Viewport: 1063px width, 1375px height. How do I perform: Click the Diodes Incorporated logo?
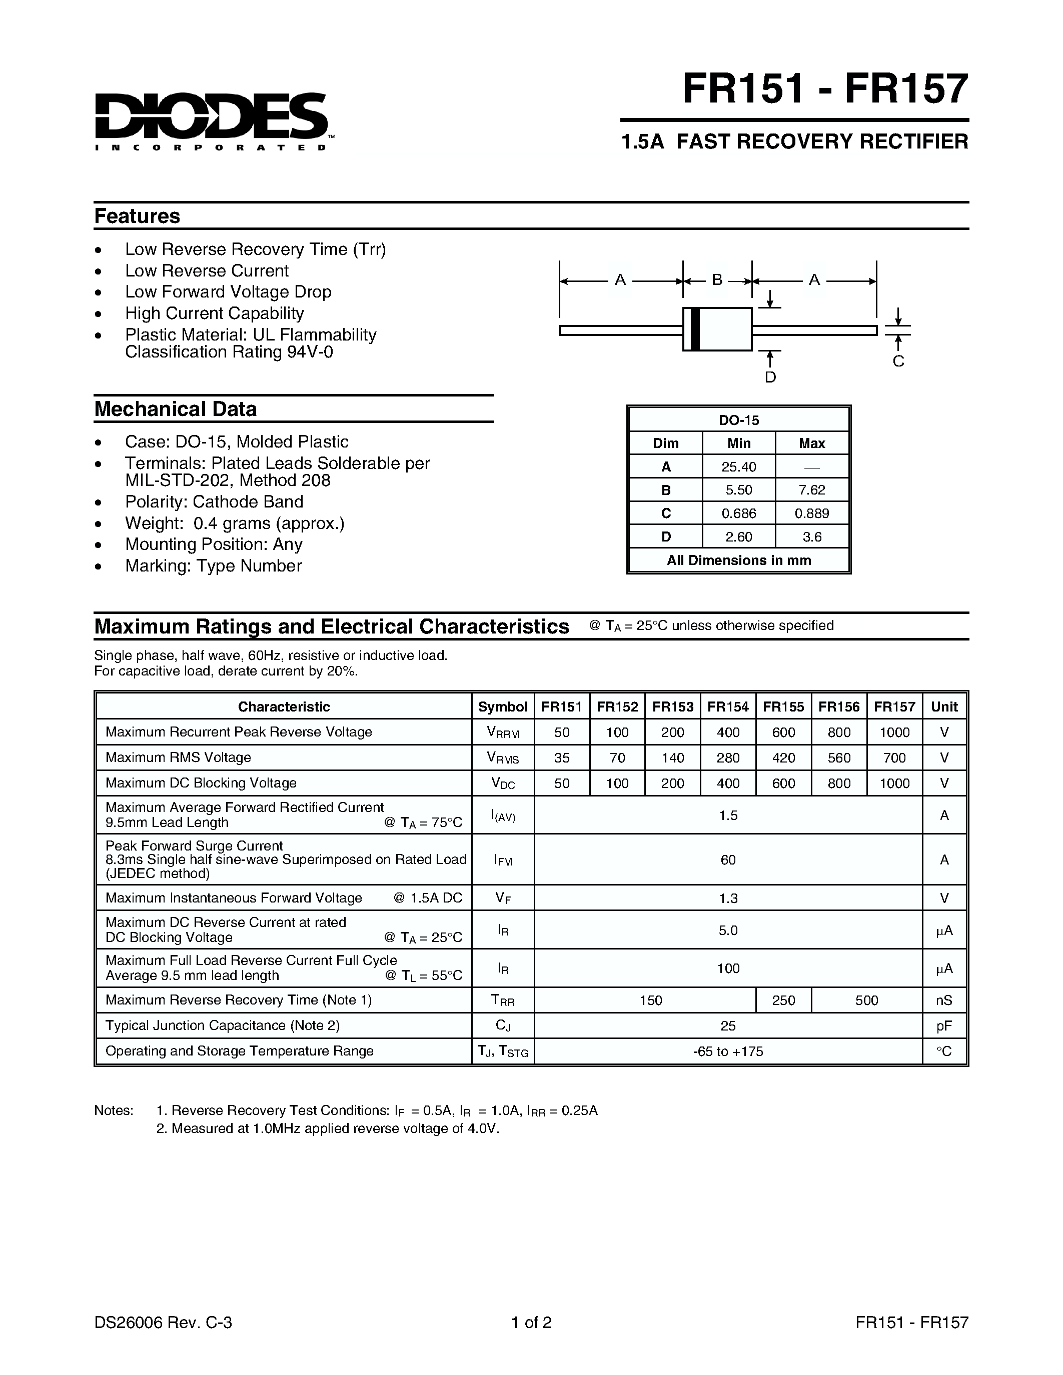point(211,119)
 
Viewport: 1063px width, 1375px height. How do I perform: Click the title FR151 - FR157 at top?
point(824,89)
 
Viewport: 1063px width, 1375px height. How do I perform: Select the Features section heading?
point(137,216)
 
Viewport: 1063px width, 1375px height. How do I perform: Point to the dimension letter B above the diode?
point(717,279)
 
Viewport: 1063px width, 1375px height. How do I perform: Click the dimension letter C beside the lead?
point(898,361)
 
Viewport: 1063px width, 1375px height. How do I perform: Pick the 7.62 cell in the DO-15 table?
point(812,490)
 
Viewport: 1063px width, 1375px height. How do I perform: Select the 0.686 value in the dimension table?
point(739,513)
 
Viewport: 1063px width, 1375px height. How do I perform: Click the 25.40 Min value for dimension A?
point(739,466)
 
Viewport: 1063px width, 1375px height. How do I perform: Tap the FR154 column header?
point(728,706)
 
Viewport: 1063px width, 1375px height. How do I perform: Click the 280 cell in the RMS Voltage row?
point(728,757)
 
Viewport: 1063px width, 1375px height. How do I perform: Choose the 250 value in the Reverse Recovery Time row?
point(783,1000)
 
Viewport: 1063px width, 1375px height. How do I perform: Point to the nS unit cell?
point(944,1000)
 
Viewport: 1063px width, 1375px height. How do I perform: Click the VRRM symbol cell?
point(503,732)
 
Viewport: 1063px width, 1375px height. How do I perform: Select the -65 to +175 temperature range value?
point(728,1051)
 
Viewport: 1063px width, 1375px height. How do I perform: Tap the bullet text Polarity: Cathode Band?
point(214,502)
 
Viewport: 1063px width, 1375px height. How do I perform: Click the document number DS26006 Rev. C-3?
point(163,1322)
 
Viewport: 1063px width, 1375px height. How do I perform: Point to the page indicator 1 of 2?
point(531,1322)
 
